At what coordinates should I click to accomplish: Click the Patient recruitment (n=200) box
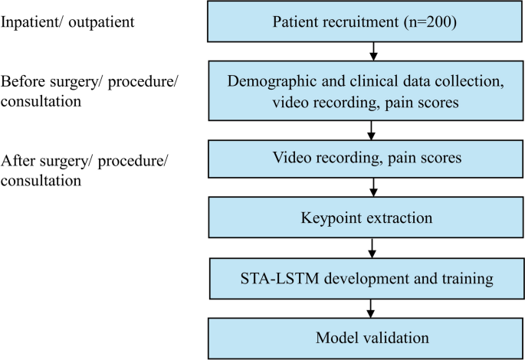coord(365,21)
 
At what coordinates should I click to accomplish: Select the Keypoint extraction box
coord(365,218)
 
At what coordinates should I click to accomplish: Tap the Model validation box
coord(365,338)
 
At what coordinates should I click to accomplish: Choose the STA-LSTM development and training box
coord(365,278)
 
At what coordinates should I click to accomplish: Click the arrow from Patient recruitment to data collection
coord(372,50)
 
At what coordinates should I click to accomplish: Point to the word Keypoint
coord(326,218)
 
